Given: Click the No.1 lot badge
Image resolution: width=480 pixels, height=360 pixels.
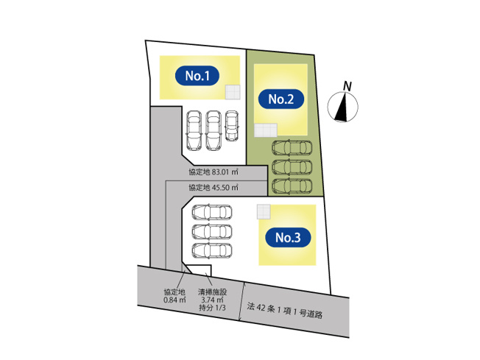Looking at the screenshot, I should pos(197,75).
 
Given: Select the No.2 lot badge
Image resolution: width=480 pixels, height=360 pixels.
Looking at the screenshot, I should pos(281,99).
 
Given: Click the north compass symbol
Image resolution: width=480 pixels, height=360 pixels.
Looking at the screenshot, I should pos(343,107).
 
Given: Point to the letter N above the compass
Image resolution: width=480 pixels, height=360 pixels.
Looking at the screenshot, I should pos(347,85).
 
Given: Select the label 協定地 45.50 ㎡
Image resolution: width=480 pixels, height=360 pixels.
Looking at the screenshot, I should pos(213,188).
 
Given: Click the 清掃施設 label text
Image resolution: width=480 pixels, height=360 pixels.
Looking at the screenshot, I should pos(212,292).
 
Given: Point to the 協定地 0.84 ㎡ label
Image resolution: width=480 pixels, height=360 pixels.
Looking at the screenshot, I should pos(175,296).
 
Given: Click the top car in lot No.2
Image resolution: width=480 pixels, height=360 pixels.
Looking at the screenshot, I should pos(292,147).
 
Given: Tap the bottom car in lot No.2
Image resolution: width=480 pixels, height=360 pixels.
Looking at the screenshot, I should pos(292,185).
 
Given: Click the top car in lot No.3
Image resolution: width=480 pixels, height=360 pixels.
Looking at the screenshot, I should pos(212,213).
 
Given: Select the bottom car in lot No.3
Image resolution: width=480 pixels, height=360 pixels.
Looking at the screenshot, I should pos(212,250).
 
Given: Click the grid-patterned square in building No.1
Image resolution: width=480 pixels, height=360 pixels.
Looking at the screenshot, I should pos(233,91).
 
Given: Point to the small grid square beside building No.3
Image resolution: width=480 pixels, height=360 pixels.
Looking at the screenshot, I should pos(264,212).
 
